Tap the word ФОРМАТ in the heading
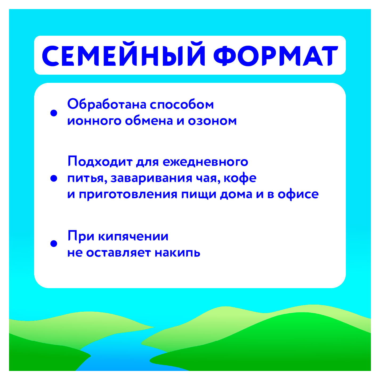pyautogui.click(x=276, y=56)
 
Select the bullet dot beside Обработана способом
pyautogui.click(x=54, y=113)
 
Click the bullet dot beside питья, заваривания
pyautogui.click(x=54, y=178)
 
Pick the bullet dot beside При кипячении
pyautogui.click(x=54, y=243)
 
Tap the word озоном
pyautogui.click(x=212, y=121)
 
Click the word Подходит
pyautogui.click(x=100, y=161)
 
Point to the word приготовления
pyautogui.click(x=128, y=195)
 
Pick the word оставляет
pyautogui.click(x=118, y=253)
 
